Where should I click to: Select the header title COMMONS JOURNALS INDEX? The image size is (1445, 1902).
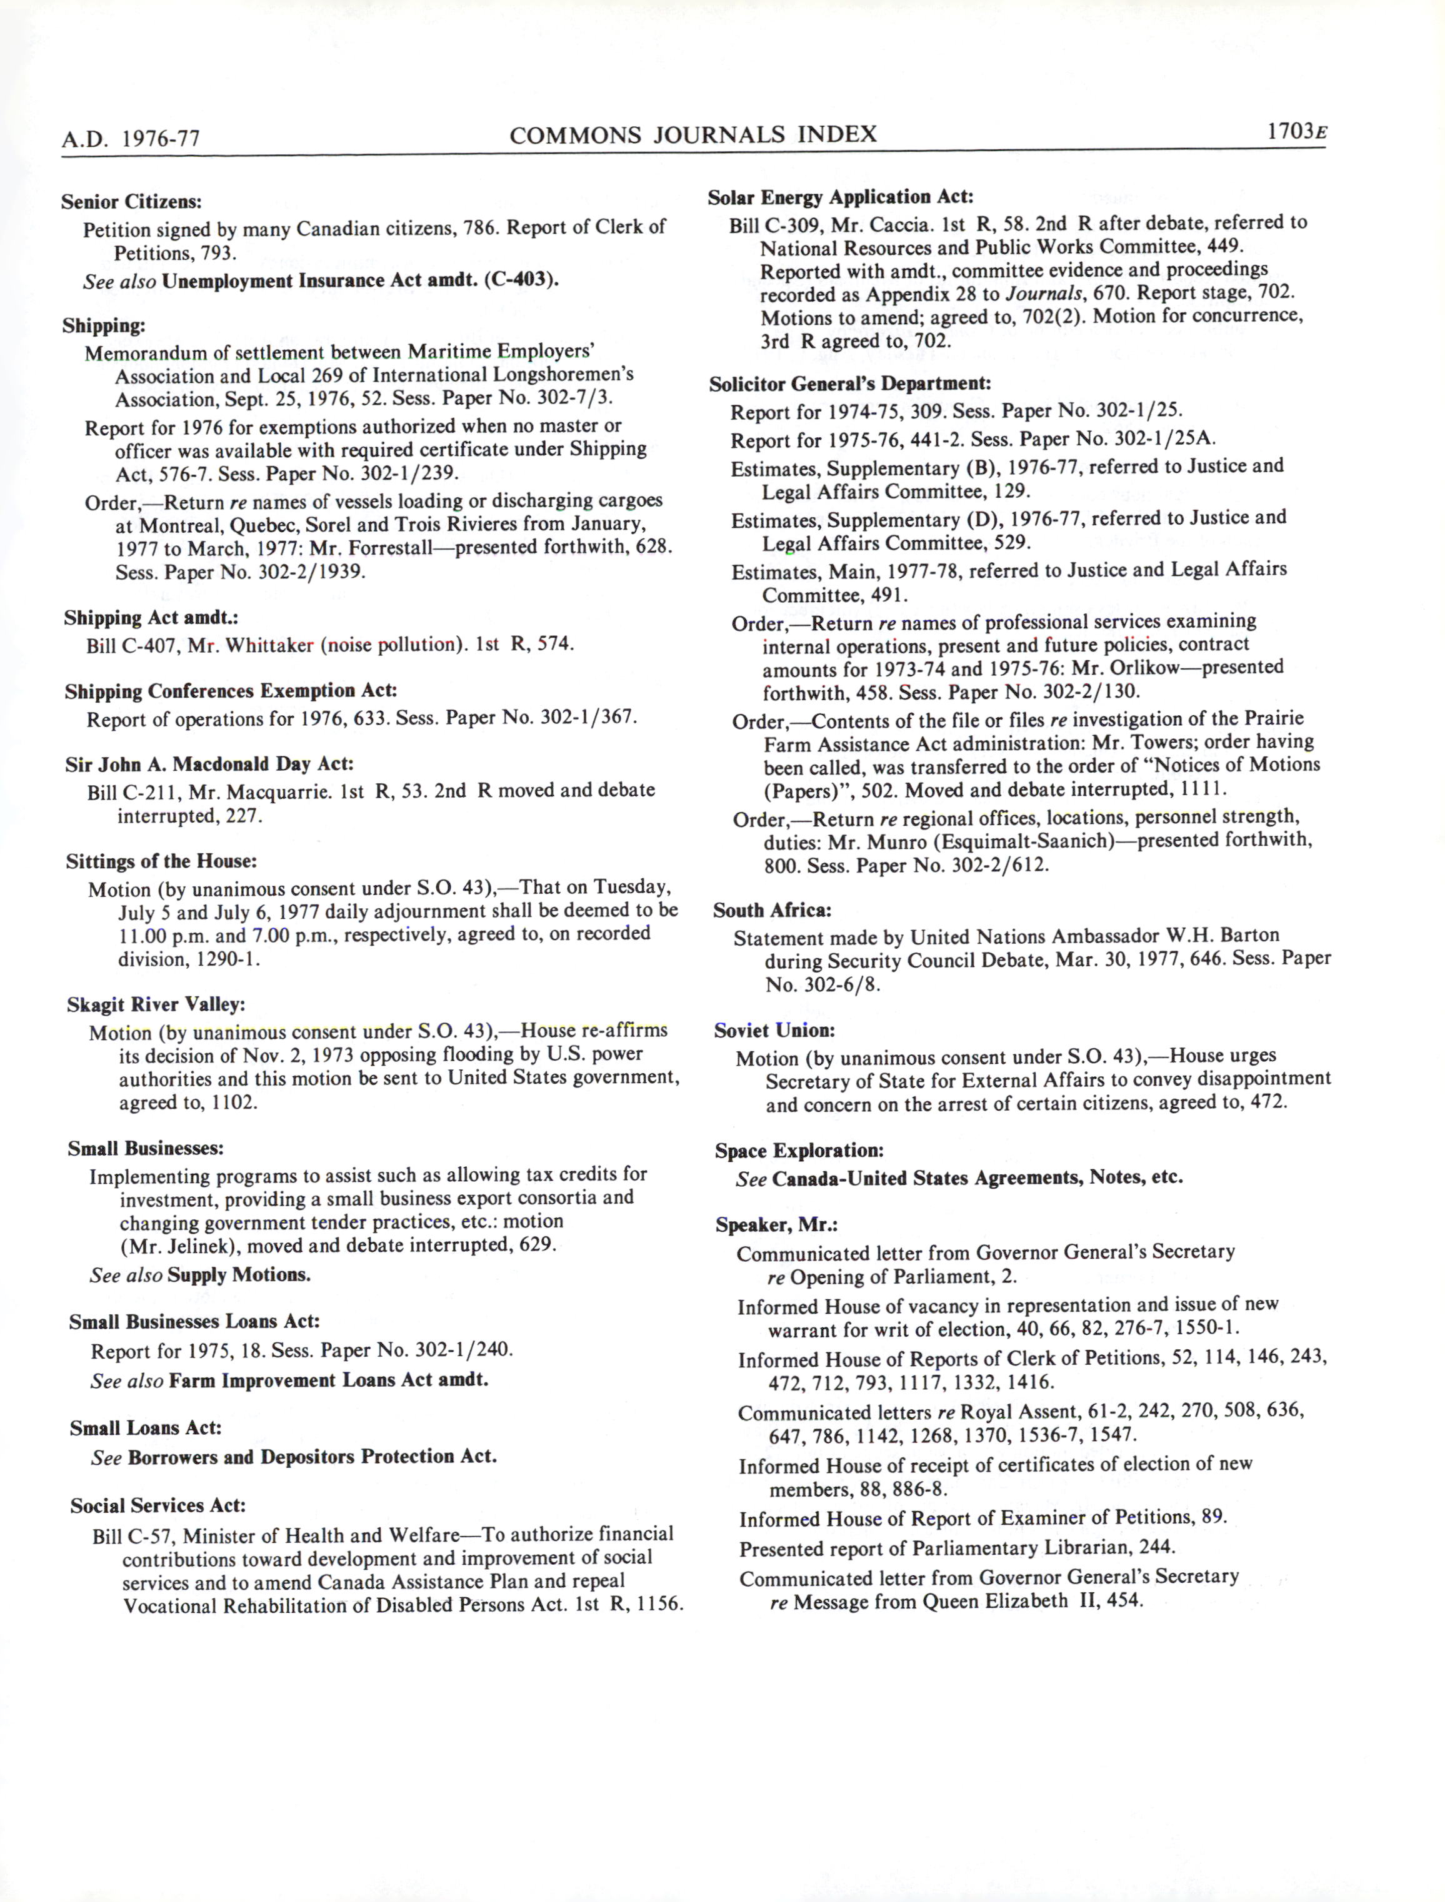[693, 134]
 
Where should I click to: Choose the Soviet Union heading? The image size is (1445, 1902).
[774, 1030]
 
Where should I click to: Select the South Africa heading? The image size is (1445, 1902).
[771, 909]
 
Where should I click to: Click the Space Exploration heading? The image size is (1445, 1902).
[799, 1151]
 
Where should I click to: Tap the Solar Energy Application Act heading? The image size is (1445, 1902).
[841, 197]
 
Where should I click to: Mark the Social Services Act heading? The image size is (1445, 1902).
[158, 1505]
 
